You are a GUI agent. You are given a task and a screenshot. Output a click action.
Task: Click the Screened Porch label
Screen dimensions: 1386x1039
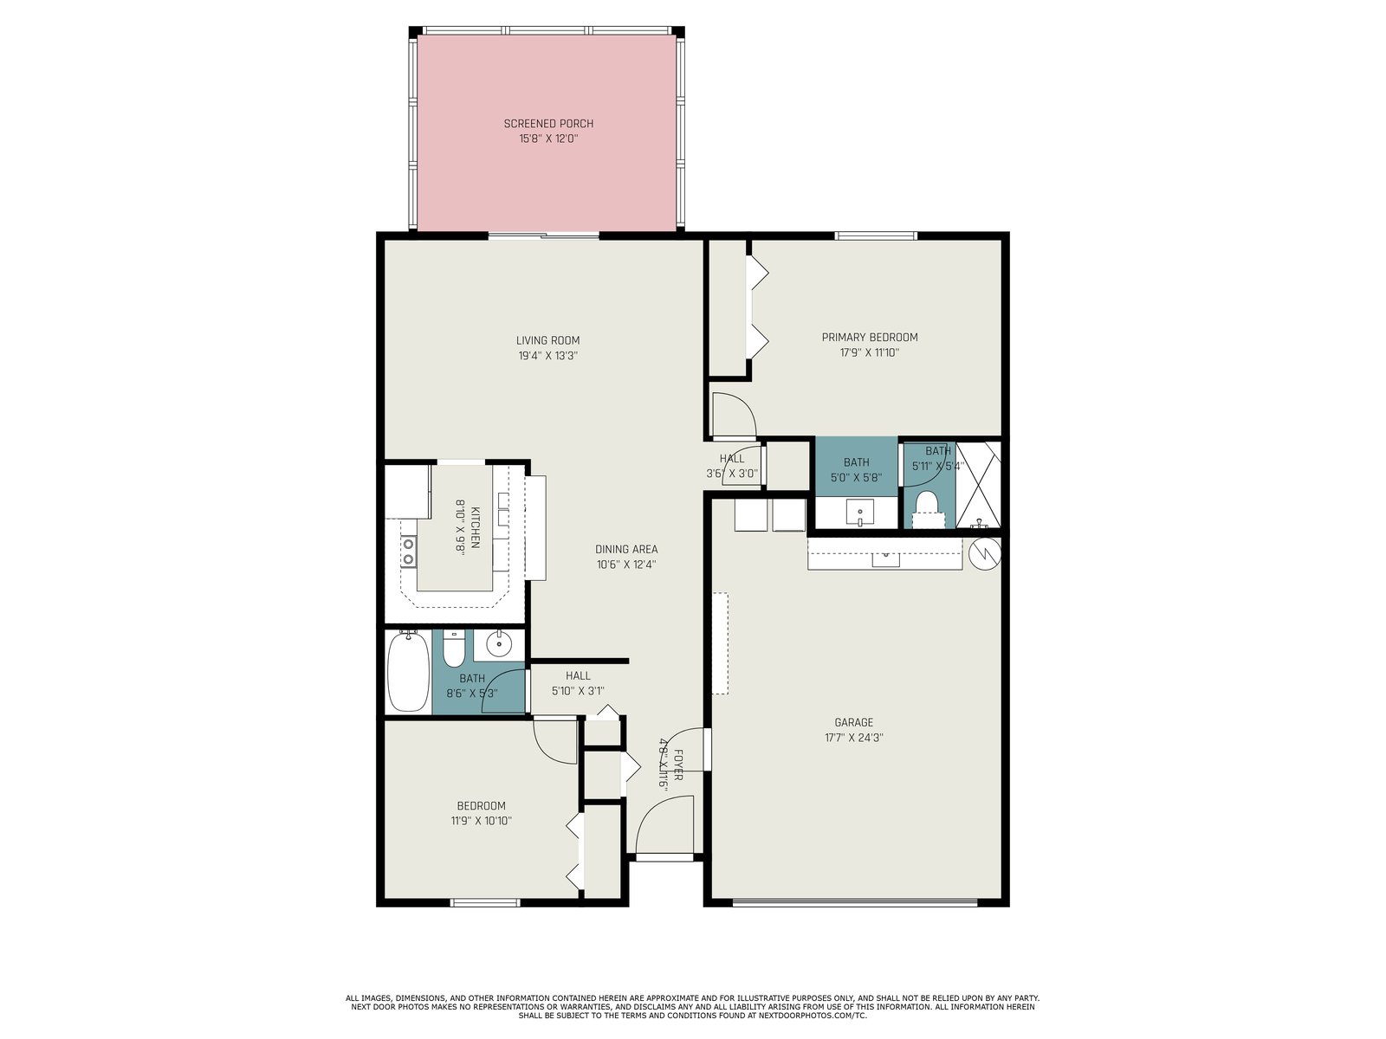(x=548, y=124)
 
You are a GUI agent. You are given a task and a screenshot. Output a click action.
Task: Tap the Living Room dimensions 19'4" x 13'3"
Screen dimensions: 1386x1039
(x=548, y=356)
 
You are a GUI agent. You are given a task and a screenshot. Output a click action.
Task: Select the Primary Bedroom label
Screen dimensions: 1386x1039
(x=870, y=338)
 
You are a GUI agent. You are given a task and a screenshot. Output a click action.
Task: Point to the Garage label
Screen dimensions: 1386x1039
(x=854, y=722)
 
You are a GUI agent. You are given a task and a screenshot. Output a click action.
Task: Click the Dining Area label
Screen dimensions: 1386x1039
(x=626, y=550)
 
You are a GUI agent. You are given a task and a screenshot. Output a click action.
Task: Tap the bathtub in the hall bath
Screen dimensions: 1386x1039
(x=409, y=672)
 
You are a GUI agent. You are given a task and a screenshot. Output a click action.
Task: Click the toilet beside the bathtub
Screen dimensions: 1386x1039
(x=453, y=649)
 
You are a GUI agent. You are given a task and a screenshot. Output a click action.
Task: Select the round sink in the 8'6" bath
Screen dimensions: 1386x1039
(x=500, y=644)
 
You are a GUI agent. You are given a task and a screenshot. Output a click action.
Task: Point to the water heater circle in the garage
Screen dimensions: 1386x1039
(x=985, y=554)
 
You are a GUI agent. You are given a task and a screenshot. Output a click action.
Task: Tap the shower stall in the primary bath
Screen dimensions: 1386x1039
(x=978, y=485)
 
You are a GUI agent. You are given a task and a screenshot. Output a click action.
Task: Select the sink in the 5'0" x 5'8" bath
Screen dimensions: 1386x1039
(x=859, y=512)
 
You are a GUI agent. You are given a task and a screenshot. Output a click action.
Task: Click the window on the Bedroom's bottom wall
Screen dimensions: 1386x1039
(x=485, y=902)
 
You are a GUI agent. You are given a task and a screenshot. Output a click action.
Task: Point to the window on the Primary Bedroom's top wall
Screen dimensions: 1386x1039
(x=875, y=236)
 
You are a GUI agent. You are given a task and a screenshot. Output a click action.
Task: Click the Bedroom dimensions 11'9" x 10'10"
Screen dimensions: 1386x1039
(x=481, y=822)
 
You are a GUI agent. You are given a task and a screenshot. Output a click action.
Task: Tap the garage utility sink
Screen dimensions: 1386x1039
(x=886, y=558)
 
